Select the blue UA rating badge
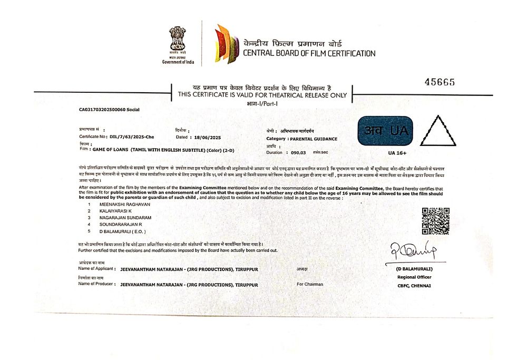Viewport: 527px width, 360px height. pyautogui.click(x=384, y=131)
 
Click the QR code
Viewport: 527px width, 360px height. pyautogui.click(x=435, y=221)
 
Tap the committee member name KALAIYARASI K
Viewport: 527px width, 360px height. pyautogui.click(x=115, y=211)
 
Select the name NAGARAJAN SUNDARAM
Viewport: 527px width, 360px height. pyautogui.click(x=125, y=218)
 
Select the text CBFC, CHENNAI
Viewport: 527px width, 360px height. pyautogui.click(x=414, y=286)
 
